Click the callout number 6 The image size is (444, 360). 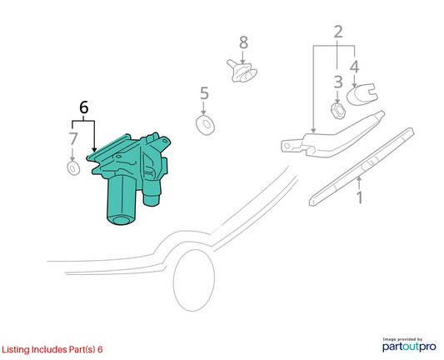[x=84, y=107]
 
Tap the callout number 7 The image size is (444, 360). [x=73, y=139]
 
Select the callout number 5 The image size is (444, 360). [x=204, y=93]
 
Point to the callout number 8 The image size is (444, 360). [x=243, y=42]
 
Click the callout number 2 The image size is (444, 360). [x=338, y=32]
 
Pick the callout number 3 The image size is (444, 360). [x=338, y=82]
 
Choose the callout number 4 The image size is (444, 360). [x=355, y=67]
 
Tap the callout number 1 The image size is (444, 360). [x=359, y=197]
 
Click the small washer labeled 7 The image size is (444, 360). [x=73, y=168]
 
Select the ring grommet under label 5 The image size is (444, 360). [x=205, y=125]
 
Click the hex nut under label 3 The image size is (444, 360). [x=338, y=111]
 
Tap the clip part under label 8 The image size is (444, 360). [x=242, y=71]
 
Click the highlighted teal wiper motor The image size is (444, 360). [x=129, y=177]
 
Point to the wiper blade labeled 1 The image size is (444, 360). [x=362, y=167]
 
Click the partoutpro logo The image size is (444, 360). [x=409, y=345]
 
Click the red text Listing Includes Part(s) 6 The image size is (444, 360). [x=52, y=349]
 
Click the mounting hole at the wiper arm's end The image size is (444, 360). [x=287, y=146]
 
